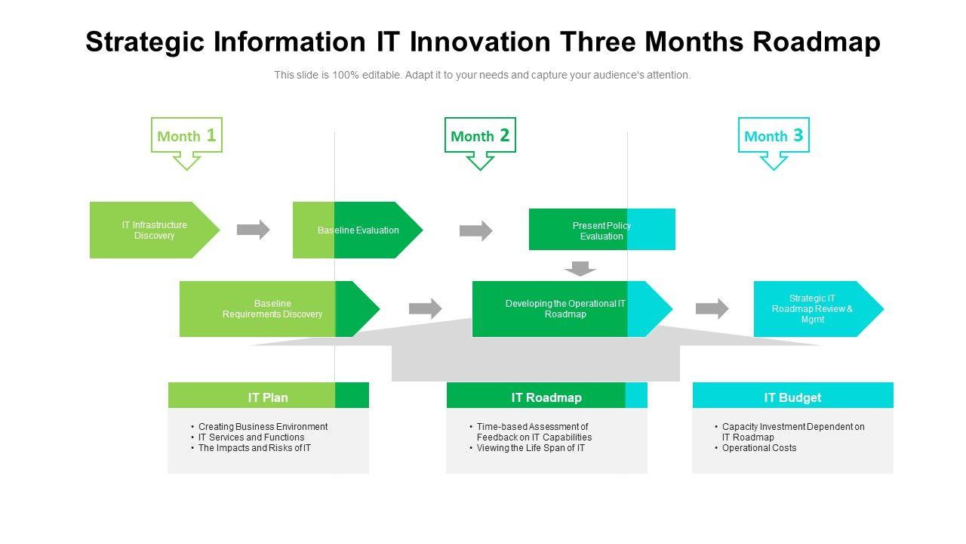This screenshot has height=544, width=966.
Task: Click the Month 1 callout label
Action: [186, 136]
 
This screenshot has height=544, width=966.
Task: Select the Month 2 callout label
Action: [480, 136]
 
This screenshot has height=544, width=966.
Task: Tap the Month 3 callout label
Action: [774, 136]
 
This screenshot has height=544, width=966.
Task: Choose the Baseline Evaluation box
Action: [358, 230]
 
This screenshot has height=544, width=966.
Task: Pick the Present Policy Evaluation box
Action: [601, 230]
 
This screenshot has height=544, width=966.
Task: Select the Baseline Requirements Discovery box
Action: [272, 309]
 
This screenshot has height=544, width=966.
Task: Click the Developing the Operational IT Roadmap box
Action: [565, 309]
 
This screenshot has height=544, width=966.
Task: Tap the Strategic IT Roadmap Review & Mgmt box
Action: [812, 309]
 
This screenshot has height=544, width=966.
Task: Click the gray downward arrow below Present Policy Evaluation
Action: [580, 268]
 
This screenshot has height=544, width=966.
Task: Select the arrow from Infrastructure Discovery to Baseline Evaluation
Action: [254, 230]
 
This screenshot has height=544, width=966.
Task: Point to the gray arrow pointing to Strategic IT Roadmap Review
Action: [712, 308]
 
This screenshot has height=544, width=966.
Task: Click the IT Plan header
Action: [268, 397]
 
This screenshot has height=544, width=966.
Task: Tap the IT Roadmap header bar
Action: [546, 397]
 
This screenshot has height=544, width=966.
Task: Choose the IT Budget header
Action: [792, 397]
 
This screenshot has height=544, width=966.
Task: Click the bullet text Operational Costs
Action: [759, 448]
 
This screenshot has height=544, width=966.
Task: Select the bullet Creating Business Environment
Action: [263, 427]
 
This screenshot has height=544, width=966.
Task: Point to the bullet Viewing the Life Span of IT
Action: [531, 448]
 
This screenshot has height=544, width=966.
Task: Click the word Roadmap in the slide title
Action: [817, 42]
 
